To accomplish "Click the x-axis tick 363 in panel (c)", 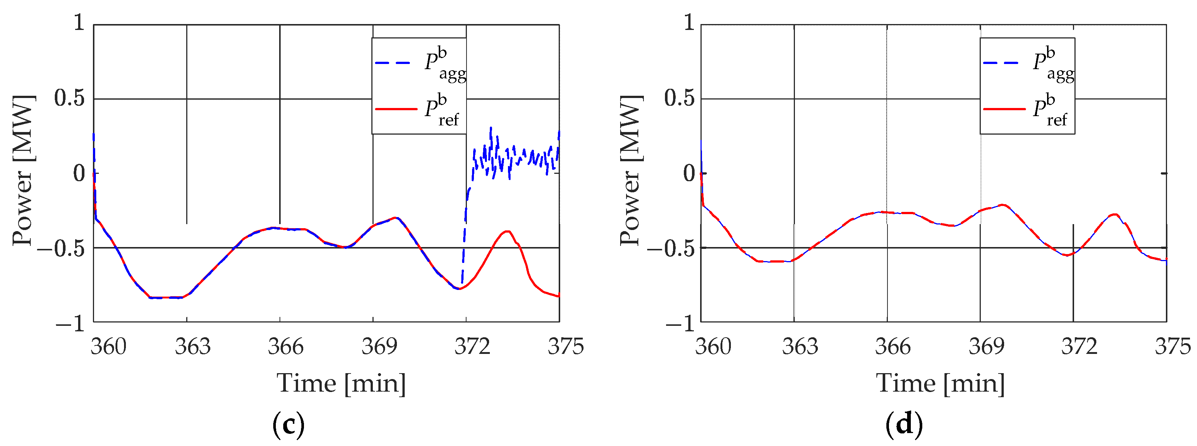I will [193, 347].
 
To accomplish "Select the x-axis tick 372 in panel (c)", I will [472, 347].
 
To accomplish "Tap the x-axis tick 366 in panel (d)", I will [892, 347].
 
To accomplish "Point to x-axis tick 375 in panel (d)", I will [1172, 347].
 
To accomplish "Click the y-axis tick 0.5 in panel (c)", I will [69, 98].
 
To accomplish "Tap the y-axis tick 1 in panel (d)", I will [689, 22].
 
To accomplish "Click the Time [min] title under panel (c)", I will [341, 384].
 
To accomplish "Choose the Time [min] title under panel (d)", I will [940, 384].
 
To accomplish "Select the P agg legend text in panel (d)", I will [1053, 65].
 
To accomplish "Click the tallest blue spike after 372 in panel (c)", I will [491, 128].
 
